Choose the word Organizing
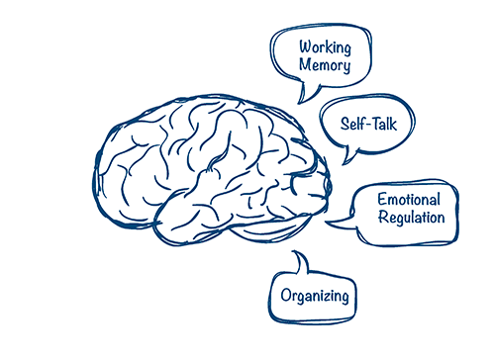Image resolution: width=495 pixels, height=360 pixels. (x=314, y=295)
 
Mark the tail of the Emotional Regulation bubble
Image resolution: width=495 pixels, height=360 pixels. (x=331, y=221)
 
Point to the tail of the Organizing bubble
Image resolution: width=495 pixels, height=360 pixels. (x=295, y=257)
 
